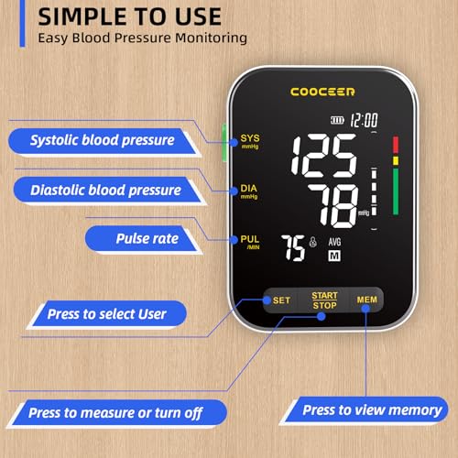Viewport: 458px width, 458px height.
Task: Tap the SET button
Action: tap(281, 300)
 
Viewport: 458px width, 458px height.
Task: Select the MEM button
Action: tap(365, 300)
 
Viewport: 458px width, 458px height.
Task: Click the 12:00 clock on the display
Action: tap(365, 120)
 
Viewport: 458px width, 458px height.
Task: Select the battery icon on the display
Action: tap(339, 120)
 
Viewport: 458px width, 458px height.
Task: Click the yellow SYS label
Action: tap(250, 141)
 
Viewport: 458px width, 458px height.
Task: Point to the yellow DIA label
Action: tap(250, 187)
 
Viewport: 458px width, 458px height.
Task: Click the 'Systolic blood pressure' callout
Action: tap(103, 140)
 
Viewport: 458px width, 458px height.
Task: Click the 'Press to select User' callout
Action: tap(106, 314)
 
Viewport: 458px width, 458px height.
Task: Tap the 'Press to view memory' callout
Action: tap(372, 410)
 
